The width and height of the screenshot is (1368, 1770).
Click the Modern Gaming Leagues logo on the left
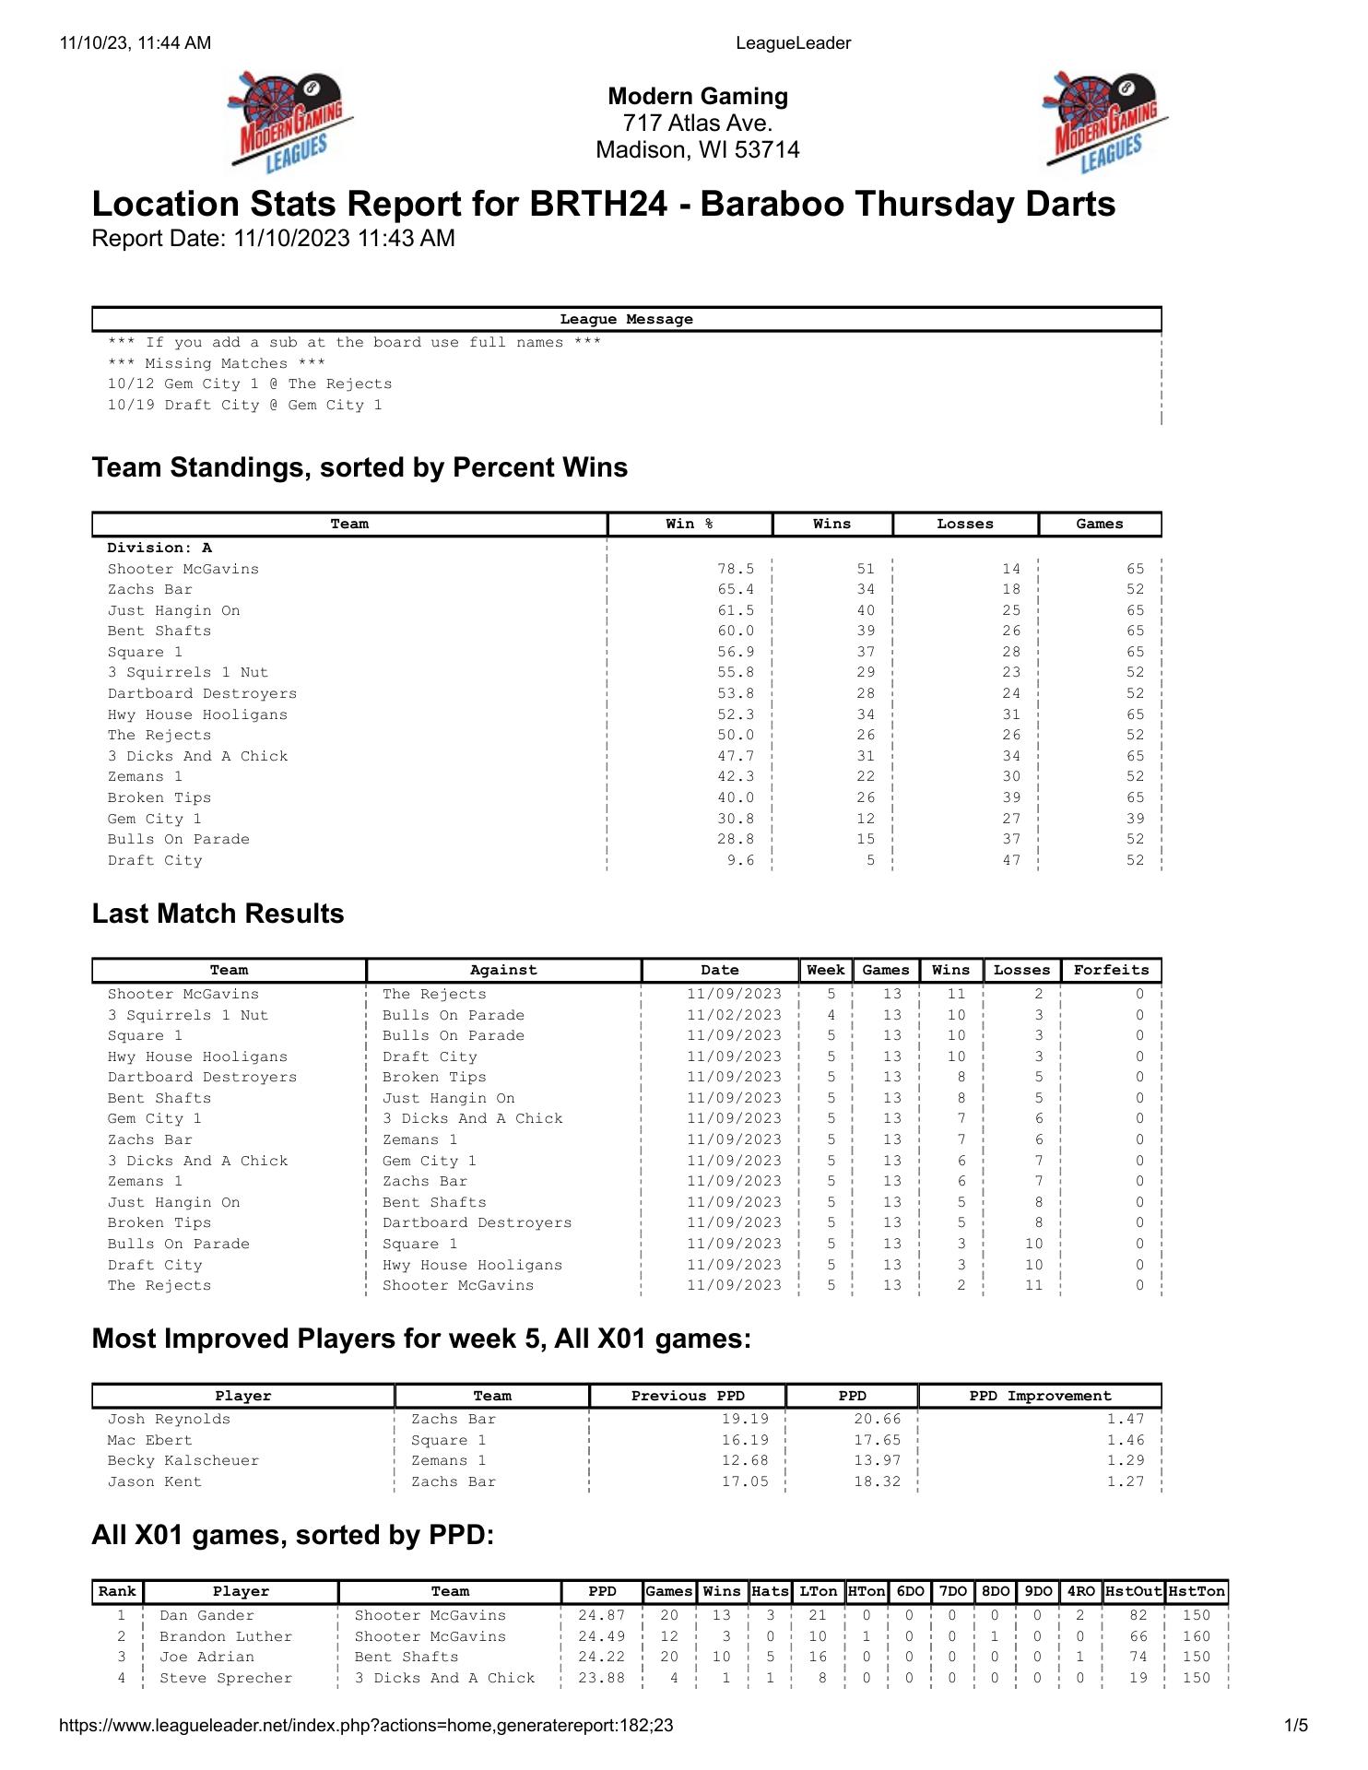290,122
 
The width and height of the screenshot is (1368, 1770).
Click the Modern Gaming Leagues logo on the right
1105,122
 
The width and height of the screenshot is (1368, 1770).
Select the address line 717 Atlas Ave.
697,124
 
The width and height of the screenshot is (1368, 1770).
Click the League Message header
626,320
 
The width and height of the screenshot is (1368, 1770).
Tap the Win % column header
690,525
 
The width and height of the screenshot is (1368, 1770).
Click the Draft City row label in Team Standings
155,861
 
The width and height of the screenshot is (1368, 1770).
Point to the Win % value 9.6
740,861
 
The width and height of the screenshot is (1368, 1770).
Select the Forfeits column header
1111,971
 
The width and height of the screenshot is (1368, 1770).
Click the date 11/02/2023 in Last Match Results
734,1016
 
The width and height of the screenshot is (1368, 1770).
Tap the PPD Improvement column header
1040,1397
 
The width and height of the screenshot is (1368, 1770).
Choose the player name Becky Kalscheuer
183,1461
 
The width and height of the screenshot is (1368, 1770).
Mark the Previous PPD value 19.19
745,1420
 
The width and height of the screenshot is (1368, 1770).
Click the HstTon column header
1197,1592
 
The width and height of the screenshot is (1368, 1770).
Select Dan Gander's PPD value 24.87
602,1616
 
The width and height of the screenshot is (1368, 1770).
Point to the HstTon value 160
1196,1637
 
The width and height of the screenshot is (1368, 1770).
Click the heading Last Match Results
218,914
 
